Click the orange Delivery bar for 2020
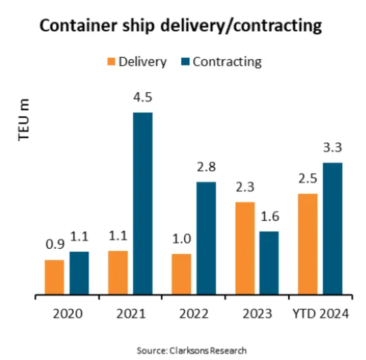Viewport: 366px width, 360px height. pyautogui.click(x=54, y=277)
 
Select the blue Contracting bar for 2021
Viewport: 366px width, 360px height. pyautogui.click(x=143, y=203)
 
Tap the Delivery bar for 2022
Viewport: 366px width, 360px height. pyautogui.click(x=181, y=274)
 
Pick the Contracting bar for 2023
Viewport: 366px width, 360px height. pyautogui.click(x=269, y=262)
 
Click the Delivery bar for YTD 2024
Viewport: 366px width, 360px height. pyautogui.click(x=308, y=244)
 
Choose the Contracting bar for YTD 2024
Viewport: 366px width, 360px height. pyautogui.click(x=332, y=228)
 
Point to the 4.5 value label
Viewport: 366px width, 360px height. pyautogui.click(x=143, y=97)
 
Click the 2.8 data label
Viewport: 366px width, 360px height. pyautogui.click(x=206, y=166)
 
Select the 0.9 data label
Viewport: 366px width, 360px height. pyautogui.click(x=54, y=246)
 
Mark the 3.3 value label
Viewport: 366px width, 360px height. pyautogui.click(x=332, y=148)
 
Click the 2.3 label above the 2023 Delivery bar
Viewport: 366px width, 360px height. pyautogui.click(x=245, y=187)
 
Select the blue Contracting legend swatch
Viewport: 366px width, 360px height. pyautogui.click(x=184, y=62)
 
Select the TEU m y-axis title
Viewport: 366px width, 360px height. pyautogui.click(x=24, y=120)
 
